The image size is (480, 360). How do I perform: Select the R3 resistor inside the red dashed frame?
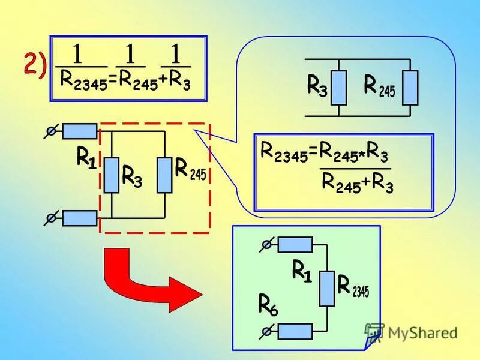click(112, 175)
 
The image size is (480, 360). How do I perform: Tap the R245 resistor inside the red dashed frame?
click(164, 175)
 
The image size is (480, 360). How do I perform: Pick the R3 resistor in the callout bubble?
click(338, 88)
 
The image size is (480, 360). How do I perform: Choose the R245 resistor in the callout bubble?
click(410, 88)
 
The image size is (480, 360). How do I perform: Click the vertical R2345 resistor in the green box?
click(327, 288)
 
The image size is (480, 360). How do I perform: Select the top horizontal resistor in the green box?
click(295, 244)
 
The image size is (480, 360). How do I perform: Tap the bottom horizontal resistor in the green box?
click(295, 331)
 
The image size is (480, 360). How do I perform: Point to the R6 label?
click(268, 304)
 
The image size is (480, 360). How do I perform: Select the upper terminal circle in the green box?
click(267, 244)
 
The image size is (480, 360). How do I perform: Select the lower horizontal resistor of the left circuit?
click(79, 218)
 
